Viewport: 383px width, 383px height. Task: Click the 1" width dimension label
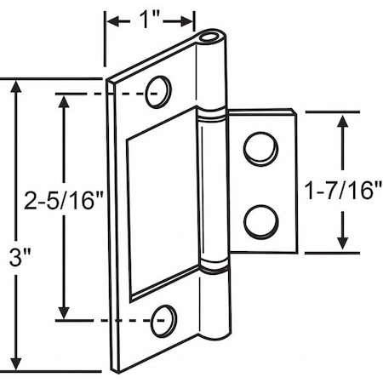150,18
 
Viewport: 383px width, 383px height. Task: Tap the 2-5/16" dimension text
63,203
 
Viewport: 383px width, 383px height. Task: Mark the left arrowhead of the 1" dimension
110,18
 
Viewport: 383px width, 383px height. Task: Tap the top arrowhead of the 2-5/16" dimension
63,98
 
